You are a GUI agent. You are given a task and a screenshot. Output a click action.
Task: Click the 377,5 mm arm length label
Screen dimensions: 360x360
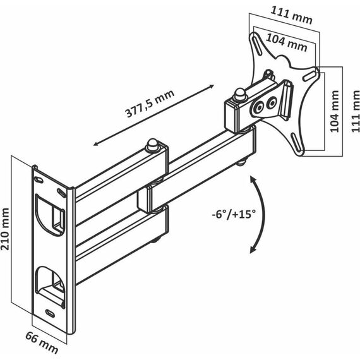[x=150, y=103]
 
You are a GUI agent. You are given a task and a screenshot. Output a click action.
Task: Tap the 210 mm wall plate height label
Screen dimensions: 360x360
[x=5, y=229]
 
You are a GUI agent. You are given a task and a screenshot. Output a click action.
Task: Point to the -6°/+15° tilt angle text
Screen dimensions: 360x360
[x=234, y=215]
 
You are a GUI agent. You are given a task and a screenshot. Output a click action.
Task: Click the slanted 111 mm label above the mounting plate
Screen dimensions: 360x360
[x=291, y=15]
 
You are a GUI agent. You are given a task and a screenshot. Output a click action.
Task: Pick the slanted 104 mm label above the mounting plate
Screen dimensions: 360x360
[x=287, y=42]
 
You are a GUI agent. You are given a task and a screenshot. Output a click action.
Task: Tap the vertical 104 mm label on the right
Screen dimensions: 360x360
[x=335, y=111]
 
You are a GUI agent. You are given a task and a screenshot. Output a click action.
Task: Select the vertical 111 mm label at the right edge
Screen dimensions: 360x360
[x=356, y=111]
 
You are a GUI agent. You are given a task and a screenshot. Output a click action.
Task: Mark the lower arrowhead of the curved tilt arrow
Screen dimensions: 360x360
[x=253, y=249]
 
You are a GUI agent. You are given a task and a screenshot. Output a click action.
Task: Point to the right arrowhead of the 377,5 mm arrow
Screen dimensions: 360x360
[x=211, y=87]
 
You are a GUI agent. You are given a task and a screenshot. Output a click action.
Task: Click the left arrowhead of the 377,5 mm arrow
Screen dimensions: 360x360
[x=97, y=144]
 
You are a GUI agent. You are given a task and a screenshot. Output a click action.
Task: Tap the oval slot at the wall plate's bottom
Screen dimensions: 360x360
[x=50, y=313]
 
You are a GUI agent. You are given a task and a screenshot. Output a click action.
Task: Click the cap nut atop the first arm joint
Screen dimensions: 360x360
[x=152, y=145]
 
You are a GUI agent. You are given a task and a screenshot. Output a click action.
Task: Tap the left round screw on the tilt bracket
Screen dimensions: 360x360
[x=260, y=107]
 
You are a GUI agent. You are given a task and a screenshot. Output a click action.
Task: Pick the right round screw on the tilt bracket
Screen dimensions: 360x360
[x=272, y=103]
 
